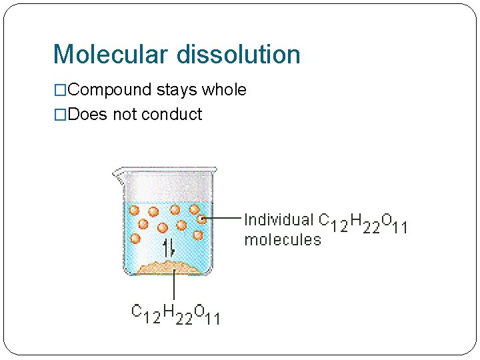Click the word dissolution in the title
238,54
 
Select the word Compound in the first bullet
111,90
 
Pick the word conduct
172,115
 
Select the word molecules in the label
282,239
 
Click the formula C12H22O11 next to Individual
363,222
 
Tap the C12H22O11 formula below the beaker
175,314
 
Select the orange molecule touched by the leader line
202,219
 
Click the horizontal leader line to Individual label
221,218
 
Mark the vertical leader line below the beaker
174,287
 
